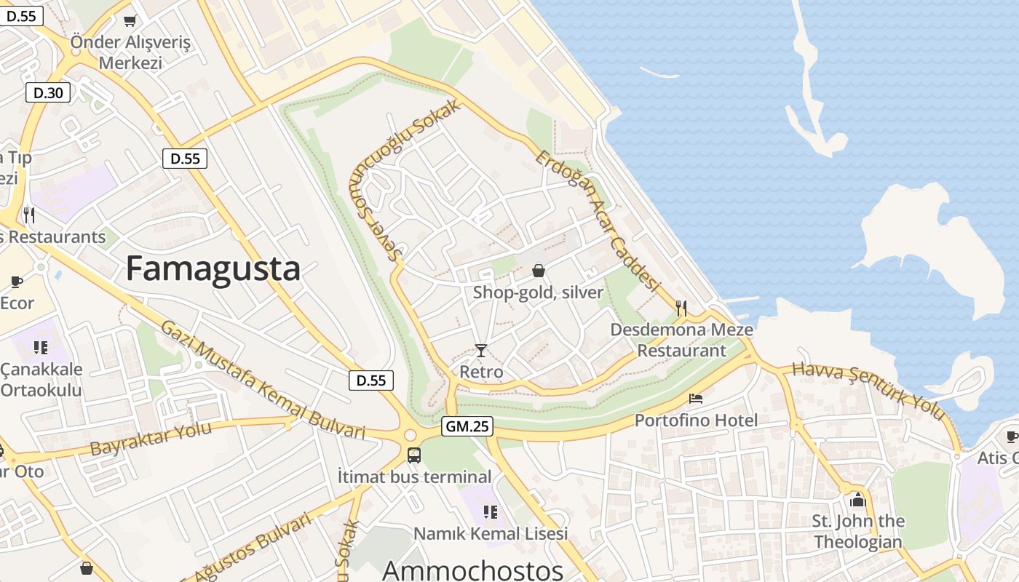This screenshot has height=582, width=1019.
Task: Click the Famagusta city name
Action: click(x=213, y=268)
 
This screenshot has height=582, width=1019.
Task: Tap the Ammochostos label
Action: click(x=472, y=570)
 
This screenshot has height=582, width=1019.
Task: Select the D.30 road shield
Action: click(x=48, y=92)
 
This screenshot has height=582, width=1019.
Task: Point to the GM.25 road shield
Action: click(x=467, y=427)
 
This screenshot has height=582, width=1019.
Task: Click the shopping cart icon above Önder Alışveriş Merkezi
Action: click(x=130, y=20)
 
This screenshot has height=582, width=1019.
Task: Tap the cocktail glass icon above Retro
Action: click(x=480, y=351)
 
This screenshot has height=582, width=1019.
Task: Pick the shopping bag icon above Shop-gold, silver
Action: click(x=539, y=271)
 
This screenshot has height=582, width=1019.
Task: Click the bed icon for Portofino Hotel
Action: click(x=696, y=399)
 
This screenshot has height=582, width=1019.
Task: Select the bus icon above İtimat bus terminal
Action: click(x=413, y=455)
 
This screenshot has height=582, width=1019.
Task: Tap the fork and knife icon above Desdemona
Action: click(x=681, y=308)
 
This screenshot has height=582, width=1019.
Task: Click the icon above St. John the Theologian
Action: click(x=858, y=500)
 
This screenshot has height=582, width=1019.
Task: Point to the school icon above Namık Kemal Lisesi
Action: click(x=491, y=512)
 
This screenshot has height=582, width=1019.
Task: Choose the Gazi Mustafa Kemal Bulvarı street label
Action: click(x=262, y=380)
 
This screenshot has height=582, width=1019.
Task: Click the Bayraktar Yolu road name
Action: click(x=151, y=438)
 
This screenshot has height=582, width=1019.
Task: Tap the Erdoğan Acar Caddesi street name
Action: click(x=597, y=220)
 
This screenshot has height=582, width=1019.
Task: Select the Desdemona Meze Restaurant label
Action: click(x=681, y=340)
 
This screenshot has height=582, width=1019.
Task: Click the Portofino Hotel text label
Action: click(x=696, y=420)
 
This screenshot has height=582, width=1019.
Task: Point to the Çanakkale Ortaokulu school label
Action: click(x=41, y=379)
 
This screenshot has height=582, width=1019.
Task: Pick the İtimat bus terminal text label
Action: click(x=415, y=477)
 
